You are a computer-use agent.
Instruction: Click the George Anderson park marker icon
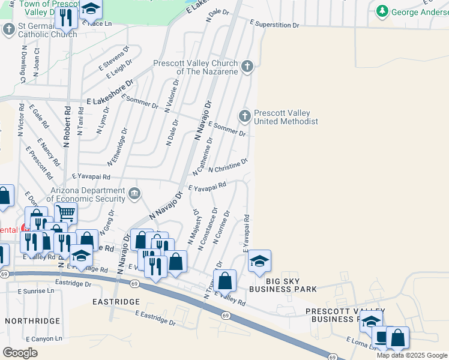[382, 11]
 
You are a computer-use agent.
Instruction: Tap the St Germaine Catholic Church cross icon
[9, 29]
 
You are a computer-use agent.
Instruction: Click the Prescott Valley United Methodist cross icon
[244, 115]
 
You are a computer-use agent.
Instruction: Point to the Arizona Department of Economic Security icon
[134, 194]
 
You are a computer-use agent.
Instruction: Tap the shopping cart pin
[65, 212]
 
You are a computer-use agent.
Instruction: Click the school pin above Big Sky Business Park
[259, 260]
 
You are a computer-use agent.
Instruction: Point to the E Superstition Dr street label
[274, 25]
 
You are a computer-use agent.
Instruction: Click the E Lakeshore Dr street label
[109, 94]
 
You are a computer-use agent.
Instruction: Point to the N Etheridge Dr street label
[118, 147]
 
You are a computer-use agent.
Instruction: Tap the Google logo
[20, 352]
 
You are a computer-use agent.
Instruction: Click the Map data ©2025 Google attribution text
[411, 355]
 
